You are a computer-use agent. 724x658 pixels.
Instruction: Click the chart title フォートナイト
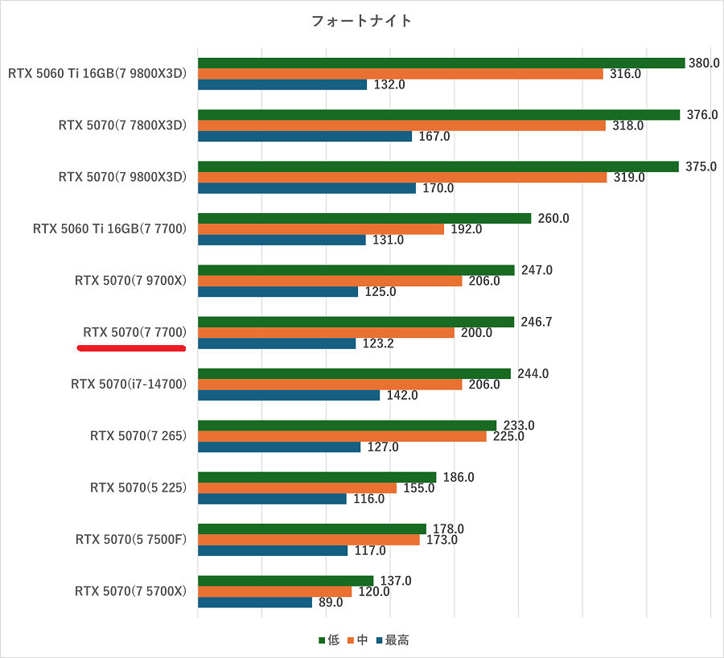pyautogui.click(x=361, y=21)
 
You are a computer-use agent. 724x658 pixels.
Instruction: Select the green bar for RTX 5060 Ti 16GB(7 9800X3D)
pyautogui.click(x=441, y=63)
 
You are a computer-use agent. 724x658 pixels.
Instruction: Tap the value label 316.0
pyautogui.click(x=625, y=74)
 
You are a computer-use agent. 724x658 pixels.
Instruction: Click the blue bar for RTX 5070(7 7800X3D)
pyautogui.click(x=305, y=136)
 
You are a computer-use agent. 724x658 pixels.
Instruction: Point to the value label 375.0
pyautogui.click(x=701, y=167)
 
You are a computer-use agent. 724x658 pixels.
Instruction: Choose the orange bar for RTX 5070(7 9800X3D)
pyautogui.click(x=402, y=177)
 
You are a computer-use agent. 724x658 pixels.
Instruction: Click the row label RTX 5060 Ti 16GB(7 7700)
pyautogui.click(x=109, y=228)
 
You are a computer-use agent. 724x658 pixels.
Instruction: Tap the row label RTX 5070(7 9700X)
pyautogui.click(x=130, y=281)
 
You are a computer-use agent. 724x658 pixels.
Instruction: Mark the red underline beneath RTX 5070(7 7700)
pyautogui.click(x=131, y=348)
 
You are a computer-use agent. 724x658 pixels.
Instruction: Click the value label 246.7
pyautogui.click(x=537, y=322)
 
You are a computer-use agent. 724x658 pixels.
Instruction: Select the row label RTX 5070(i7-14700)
pyautogui.click(x=129, y=384)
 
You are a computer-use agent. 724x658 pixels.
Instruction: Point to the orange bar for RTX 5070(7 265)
pyautogui.click(x=342, y=436)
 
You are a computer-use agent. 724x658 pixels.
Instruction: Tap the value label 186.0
pyautogui.click(x=459, y=477)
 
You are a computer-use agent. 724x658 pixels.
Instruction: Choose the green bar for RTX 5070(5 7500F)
pyautogui.click(x=311, y=528)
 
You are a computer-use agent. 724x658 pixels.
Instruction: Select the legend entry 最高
pyautogui.click(x=392, y=640)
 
